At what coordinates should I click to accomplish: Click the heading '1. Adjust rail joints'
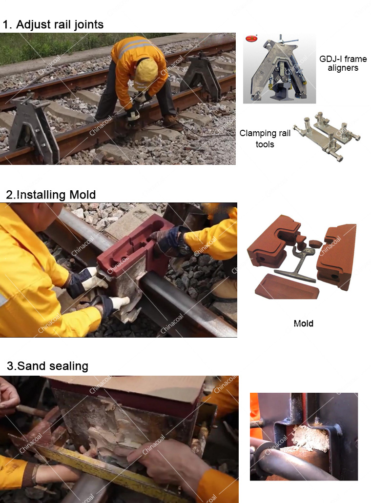point(53,25)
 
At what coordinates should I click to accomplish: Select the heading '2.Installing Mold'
point(51,195)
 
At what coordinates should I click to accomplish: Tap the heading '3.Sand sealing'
point(47,366)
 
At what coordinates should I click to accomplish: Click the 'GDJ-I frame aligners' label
point(343,63)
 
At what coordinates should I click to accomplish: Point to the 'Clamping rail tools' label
point(265,139)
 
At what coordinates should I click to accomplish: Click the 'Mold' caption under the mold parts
point(303,323)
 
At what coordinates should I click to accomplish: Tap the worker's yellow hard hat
point(145,73)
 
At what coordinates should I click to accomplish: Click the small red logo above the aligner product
point(251,39)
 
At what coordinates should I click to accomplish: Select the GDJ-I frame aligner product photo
point(279,68)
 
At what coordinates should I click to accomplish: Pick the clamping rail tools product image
point(327,136)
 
